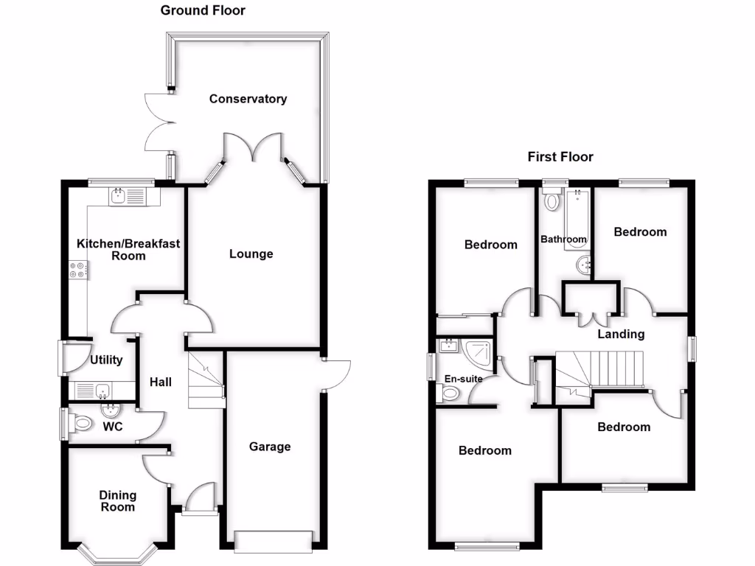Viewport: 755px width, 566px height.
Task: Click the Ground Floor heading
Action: click(203, 10)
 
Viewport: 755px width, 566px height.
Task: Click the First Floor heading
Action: click(560, 156)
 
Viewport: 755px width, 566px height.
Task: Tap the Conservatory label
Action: click(248, 99)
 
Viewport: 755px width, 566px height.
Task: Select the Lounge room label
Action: click(251, 254)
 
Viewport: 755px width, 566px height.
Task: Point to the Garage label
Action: click(269, 447)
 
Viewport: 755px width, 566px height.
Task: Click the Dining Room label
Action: click(118, 501)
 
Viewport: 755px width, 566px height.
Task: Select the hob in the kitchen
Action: click(78, 270)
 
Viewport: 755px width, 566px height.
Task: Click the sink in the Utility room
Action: click(102, 390)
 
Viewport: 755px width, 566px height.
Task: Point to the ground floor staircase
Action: click(205, 380)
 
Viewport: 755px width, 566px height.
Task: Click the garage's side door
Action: click(338, 374)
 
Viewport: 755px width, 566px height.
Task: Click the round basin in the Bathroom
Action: click(583, 263)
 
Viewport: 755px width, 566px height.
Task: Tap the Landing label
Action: click(621, 334)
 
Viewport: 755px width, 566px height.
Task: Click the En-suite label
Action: click(463, 379)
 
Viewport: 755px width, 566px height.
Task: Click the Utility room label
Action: click(106, 360)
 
